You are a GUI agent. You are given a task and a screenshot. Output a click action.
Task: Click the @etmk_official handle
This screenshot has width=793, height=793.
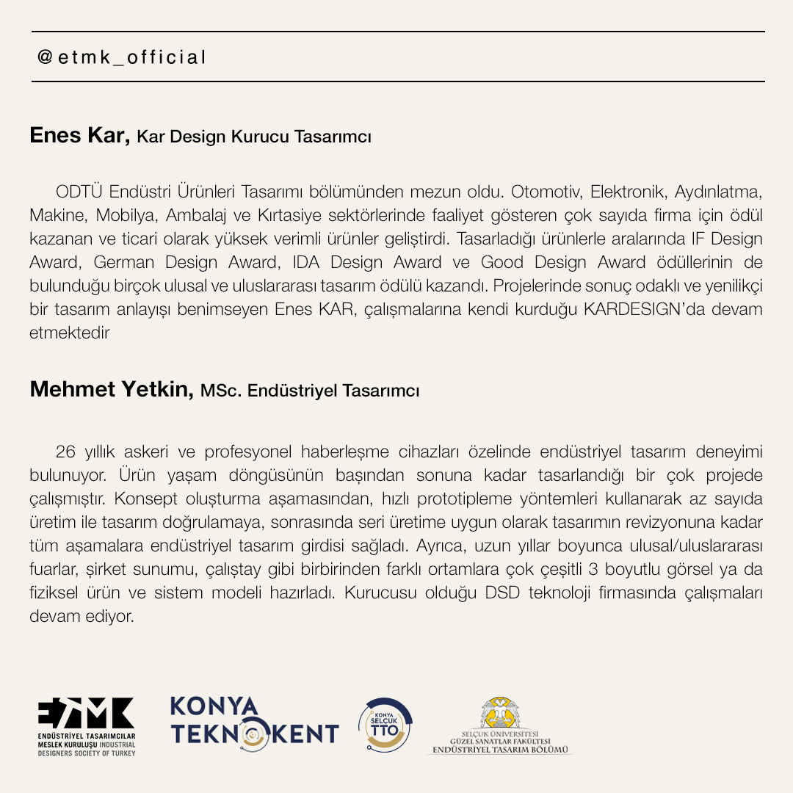122,57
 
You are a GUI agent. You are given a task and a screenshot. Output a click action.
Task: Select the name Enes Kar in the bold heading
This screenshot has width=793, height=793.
79,136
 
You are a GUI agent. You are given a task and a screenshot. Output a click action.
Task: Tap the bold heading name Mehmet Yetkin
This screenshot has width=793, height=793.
112,389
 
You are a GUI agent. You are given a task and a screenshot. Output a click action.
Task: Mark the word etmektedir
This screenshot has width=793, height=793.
69,333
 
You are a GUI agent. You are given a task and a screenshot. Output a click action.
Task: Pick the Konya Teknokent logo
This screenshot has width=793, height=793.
254,721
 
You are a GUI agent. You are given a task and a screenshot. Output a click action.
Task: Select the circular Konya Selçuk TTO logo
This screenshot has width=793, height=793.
385,725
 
